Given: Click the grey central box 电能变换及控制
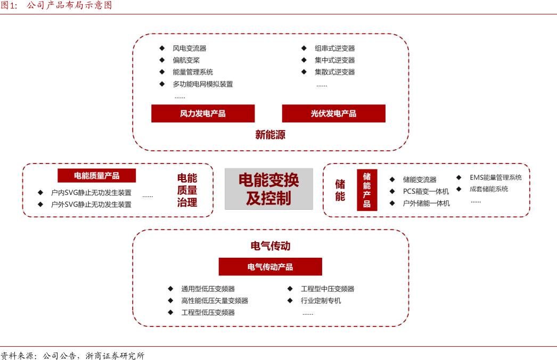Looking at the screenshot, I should [x=268, y=189].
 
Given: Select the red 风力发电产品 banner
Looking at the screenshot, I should [x=203, y=113].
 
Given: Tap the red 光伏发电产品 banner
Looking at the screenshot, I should [x=333, y=113].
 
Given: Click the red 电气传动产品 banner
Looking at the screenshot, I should [x=270, y=267].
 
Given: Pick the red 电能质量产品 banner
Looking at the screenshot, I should [x=96, y=176].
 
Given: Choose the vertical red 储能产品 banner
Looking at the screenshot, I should [x=367, y=190].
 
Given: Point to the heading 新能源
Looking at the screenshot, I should [x=270, y=135].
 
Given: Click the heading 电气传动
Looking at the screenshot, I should [x=270, y=247].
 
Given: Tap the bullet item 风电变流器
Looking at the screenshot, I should [x=189, y=48].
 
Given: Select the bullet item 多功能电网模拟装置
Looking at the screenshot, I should [x=202, y=84].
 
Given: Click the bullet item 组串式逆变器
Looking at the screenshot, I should [x=334, y=48].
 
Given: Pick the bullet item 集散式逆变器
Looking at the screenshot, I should [x=334, y=72].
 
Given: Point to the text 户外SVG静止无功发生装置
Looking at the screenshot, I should [x=91, y=204].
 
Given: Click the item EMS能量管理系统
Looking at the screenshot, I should [x=495, y=178].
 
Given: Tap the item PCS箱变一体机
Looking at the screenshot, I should [x=426, y=191].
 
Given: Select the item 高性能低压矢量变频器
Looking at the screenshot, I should [x=215, y=301].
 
